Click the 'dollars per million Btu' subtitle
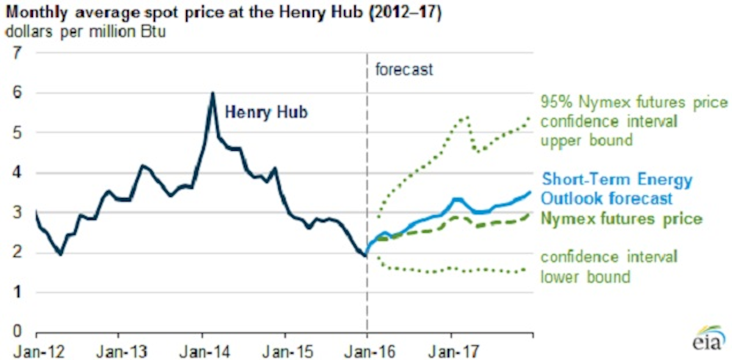pos(85,31)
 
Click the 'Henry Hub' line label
pos(267,112)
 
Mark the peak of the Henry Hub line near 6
pos(212,93)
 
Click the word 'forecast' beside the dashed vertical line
pos(404,70)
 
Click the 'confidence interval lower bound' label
pos(609,267)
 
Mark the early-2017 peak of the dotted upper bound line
pos(467,117)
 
